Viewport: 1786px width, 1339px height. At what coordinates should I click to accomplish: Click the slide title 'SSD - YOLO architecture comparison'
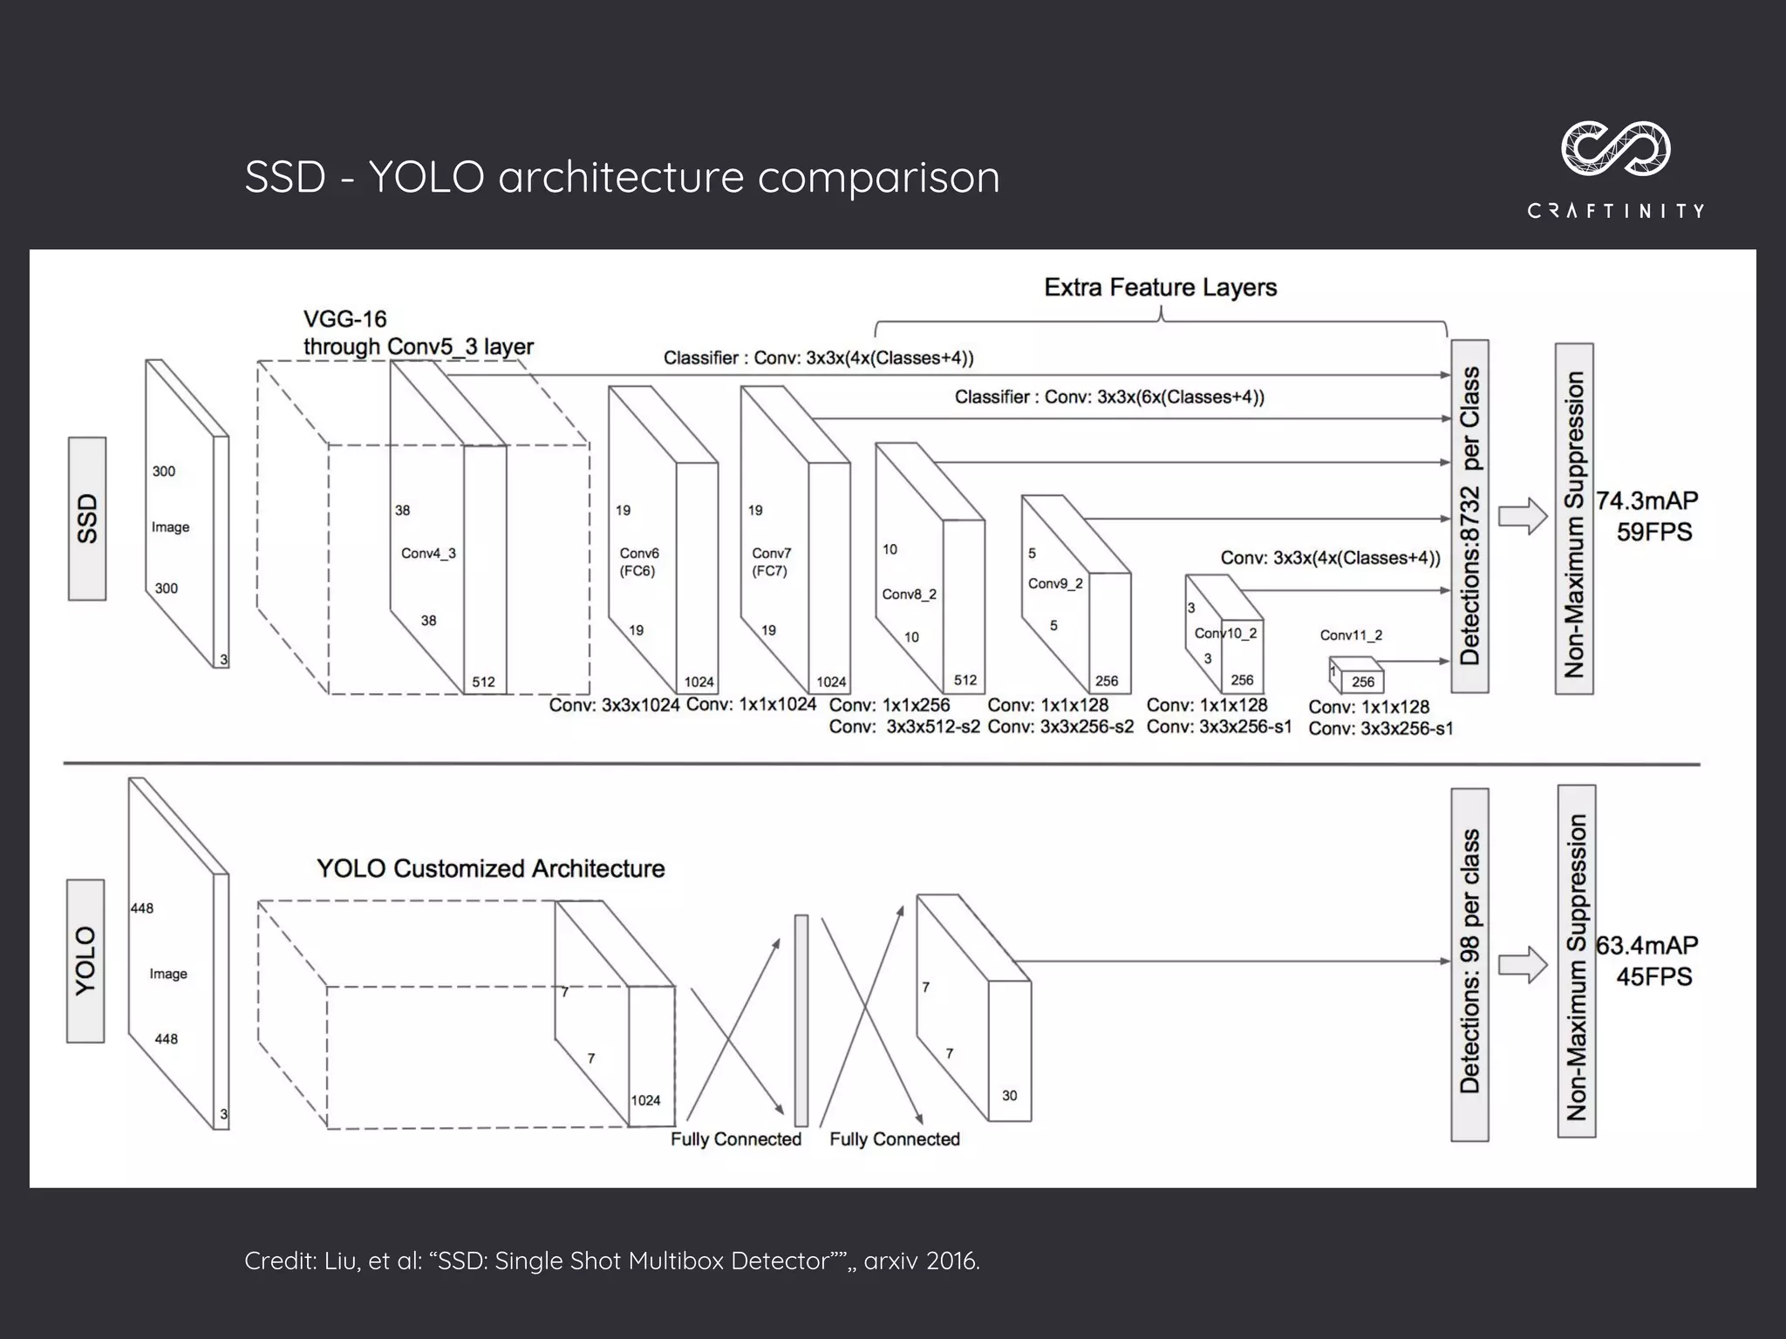click(x=622, y=177)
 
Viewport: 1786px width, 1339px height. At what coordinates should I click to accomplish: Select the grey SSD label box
click(x=87, y=519)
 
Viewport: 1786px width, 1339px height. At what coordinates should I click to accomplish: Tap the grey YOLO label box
click(x=85, y=961)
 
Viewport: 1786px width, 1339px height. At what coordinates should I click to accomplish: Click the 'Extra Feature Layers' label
click(x=1160, y=288)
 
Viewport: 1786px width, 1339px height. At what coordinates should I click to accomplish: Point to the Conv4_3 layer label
click(x=428, y=554)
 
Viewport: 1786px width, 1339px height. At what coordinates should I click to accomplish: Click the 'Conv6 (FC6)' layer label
click(x=639, y=562)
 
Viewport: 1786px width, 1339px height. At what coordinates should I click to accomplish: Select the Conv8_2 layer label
click(x=909, y=595)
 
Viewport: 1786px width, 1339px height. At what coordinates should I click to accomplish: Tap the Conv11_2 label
click(x=1351, y=636)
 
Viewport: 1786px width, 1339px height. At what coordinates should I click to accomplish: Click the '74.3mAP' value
click(x=1647, y=501)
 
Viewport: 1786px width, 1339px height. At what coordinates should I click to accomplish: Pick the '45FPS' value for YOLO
click(x=1653, y=976)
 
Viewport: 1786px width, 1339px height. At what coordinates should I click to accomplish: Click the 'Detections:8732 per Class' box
click(x=1469, y=516)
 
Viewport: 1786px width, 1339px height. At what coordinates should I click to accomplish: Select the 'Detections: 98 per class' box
click(x=1469, y=963)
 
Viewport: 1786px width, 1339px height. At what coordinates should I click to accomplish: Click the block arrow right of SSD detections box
click(x=1522, y=516)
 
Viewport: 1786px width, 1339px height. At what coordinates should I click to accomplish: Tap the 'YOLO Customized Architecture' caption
click(x=490, y=869)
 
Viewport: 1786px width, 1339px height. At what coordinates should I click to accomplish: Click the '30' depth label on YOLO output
click(x=1009, y=1096)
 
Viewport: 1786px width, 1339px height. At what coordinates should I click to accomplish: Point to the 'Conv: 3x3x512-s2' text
click(x=904, y=727)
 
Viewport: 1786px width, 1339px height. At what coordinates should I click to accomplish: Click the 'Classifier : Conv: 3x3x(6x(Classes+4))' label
click(x=1109, y=398)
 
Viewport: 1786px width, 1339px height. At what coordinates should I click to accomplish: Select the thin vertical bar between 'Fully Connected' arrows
click(x=801, y=1020)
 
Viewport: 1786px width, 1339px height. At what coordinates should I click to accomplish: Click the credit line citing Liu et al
click(x=612, y=1261)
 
